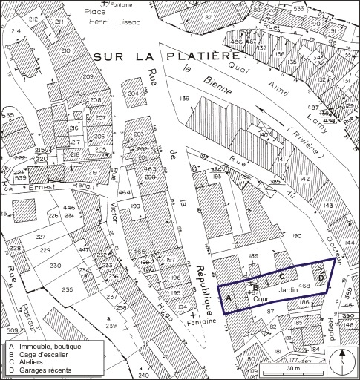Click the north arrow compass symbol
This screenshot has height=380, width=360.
coord(342,361)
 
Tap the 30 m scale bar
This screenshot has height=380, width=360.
coord(292,367)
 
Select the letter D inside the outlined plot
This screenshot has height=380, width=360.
coord(320,278)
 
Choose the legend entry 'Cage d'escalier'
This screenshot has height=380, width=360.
coord(45,355)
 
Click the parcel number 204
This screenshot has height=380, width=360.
coord(133,94)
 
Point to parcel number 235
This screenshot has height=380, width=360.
coord(68,289)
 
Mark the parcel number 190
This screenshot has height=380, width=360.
coord(298,235)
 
